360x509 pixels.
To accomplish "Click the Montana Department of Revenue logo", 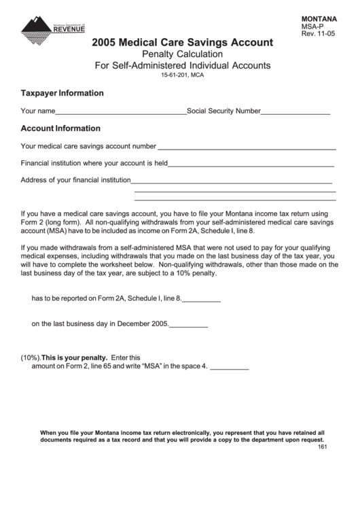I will pos(53,28).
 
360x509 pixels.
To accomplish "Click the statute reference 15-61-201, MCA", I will pos(183,75).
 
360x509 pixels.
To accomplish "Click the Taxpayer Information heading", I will pos(62,93).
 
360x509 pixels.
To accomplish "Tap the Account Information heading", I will pos(61,128).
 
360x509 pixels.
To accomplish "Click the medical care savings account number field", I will pos(247,147).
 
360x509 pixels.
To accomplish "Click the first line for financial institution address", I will pos(232,182).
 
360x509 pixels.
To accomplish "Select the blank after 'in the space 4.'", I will pos(230,368).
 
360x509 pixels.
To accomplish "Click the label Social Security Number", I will pos(223,110).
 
